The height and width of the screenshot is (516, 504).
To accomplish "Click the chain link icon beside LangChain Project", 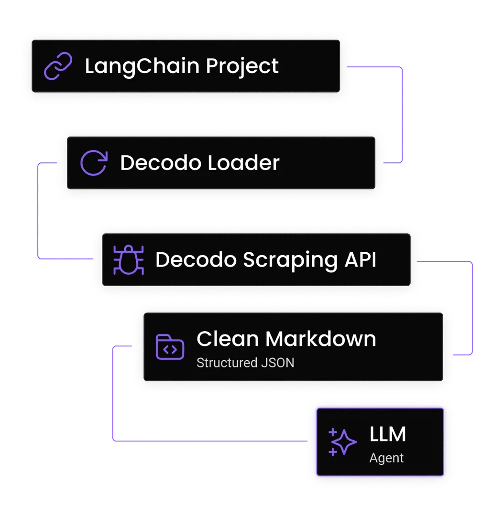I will pos(58,66).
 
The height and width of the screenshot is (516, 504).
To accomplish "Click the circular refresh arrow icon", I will pos(93,163).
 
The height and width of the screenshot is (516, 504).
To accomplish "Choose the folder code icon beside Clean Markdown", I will pos(170,347).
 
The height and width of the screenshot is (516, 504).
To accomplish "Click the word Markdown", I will pos(321,339).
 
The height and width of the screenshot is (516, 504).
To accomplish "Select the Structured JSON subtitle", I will pos(245,363).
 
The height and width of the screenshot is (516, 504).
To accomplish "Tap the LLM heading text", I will pos(388,434).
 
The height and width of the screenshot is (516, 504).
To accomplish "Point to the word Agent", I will pos(386,458).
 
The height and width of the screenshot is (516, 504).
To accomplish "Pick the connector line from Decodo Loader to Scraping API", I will pos(38,210).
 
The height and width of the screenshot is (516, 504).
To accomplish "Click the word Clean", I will pos(228,339).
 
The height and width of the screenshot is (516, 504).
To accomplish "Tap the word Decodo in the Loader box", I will pos(157,163).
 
